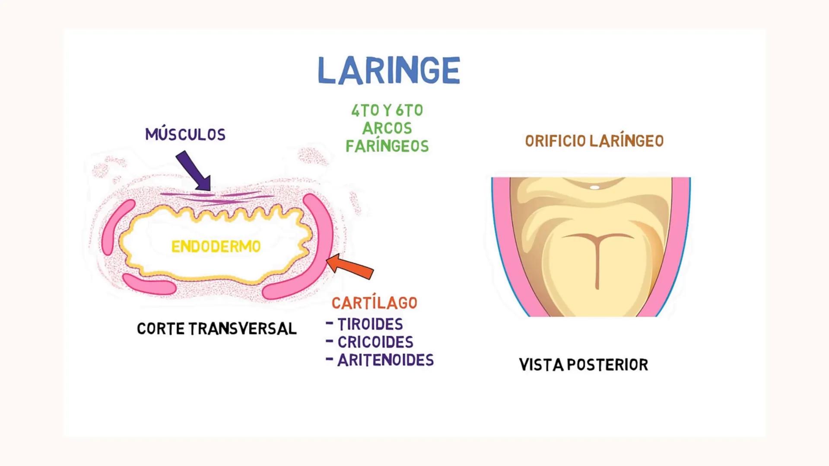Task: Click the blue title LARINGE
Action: click(389, 70)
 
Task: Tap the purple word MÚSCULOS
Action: click(185, 135)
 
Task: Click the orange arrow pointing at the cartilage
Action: click(350, 266)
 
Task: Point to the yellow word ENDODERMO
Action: click(216, 247)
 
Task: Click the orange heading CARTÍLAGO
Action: click(375, 303)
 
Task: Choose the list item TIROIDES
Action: click(370, 324)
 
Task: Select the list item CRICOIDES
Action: click(375, 343)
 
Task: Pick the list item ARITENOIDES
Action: click(385, 360)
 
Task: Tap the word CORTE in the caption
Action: click(161, 329)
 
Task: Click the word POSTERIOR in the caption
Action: click(607, 365)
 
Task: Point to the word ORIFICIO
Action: click(555, 141)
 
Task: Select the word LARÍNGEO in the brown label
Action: click(626, 141)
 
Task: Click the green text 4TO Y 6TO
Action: click(387, 111)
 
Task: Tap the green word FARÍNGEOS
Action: click(387, 146)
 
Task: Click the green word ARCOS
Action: click(387, 129)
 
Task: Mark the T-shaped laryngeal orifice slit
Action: click(597, 255)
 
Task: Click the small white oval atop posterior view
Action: click(594, 187)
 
